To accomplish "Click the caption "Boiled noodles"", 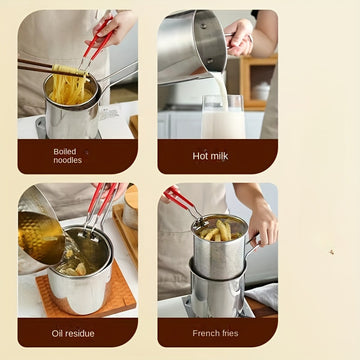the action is click(x=68, y=156).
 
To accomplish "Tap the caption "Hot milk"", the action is click(x=210, y=156).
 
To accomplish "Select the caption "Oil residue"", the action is click(x=73, y=333).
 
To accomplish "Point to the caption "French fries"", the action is click(x=215, y=333).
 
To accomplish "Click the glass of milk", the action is click(x=223, y=117).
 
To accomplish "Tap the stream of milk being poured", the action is click(x=221, y=90).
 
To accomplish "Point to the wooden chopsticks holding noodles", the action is click(x=50, y=68).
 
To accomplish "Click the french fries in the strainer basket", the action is click(x=219, y=231).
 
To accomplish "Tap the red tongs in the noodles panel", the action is click(x=97, y=40).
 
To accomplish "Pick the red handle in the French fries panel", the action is click(x=177, y=197).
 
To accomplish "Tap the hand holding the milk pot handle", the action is click(x=239, y=37).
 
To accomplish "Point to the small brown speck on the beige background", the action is click(x=332, y=252).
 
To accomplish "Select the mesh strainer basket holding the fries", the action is click(x=220, y=247).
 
